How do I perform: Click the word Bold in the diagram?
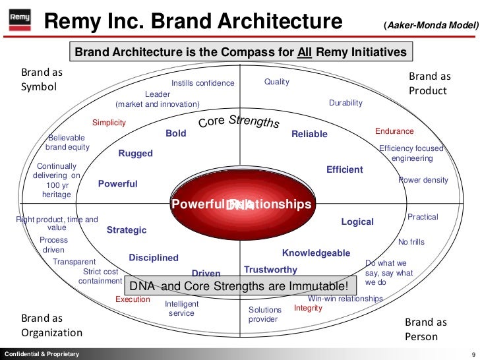point(176,133)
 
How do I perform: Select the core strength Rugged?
point(135,154)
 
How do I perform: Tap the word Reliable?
point(309,134)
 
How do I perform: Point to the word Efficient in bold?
point(344,169)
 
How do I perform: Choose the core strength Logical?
point(357,222)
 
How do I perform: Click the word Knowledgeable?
point(316,253)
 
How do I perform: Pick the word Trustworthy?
point(270,270)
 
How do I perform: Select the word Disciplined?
point(154,258)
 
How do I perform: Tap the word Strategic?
point(127,230)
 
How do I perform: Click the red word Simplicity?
point(109,123)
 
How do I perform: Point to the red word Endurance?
point(394,131)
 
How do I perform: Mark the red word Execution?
point(133,299)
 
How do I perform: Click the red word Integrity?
point(308,308)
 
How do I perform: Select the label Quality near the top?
point(277,82)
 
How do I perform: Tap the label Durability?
point(345,103)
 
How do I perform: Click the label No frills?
point(411,242)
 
